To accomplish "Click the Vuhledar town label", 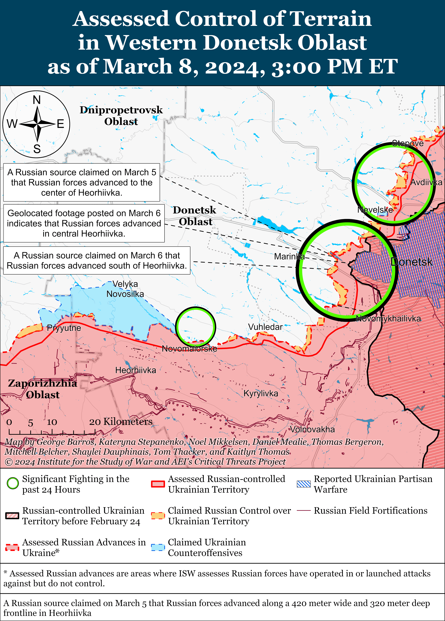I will tap(265, 327).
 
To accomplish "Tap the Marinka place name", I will tap(289, 257).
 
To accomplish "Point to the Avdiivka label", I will tap(426, 182).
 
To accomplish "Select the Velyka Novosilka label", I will tap(125, 289).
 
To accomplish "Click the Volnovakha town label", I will tap(312, 429).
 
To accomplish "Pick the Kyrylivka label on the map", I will tap(261, 393).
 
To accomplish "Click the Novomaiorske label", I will tap(190, 349).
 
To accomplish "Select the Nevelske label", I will tap(375, 210).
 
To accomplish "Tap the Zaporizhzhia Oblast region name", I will tap(42, 389).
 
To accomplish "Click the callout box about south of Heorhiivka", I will tap(97, 260).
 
